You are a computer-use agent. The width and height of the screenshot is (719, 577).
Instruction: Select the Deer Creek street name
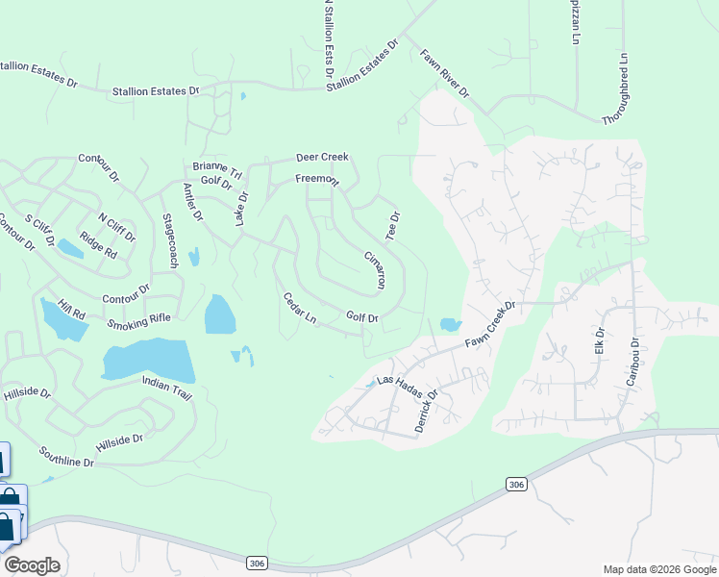point(322,157)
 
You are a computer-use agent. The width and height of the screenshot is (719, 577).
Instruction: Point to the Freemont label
point(317,180)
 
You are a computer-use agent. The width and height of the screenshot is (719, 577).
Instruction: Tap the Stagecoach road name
point(171,239)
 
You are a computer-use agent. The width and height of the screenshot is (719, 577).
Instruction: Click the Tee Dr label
point(392,225)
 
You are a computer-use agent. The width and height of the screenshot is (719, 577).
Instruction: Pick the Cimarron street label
point(375,270)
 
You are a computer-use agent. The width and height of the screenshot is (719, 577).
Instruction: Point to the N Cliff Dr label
point(117,226)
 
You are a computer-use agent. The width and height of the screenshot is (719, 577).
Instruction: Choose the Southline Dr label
point(66,457)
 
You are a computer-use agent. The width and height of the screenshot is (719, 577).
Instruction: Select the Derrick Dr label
point(426,409)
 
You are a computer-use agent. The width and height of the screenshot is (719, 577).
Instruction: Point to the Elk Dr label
point(599,340)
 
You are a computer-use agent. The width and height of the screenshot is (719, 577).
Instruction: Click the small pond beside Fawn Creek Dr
point(449,325)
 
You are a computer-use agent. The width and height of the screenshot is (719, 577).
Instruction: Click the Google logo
point(33,565)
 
